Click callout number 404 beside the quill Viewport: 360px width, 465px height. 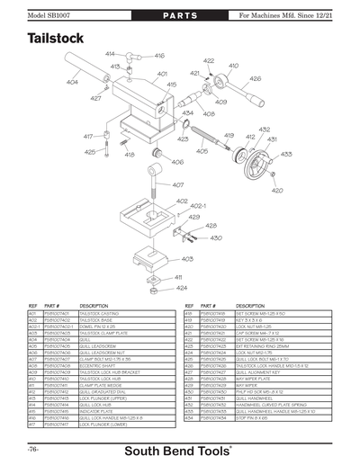pos(72,82)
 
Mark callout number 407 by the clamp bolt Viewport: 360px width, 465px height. pos(178,185)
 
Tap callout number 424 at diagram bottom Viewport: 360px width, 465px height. pos(182,288)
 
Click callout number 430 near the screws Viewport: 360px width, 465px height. pos(216,238)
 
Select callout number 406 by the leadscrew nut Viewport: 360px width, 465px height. pos(178,163)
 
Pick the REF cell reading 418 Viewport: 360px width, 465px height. pos(189,314)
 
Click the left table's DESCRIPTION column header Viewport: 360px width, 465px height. pos(94,307)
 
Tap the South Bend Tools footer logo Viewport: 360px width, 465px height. pos(179,449)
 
